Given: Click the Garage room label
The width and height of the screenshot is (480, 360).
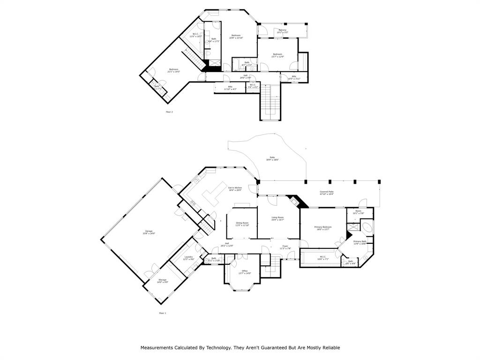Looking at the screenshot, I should click(149, 232).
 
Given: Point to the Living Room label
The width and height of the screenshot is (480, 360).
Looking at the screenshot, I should click(277, 218).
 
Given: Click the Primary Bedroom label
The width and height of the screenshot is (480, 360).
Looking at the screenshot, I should click(323, 228).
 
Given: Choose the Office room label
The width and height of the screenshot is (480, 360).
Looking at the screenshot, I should click(244, 272).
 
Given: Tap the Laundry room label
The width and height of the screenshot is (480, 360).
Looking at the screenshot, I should click(188, 258).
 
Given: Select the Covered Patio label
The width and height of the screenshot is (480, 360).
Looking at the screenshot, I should click(327, 193).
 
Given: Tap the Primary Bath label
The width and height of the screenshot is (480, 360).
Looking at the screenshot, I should click(360, 243).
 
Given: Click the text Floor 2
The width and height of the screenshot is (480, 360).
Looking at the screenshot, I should click(169, 112).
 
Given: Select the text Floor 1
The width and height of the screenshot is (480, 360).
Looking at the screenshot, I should click(163, 313).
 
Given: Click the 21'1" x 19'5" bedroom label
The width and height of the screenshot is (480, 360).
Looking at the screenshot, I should click(173, 71).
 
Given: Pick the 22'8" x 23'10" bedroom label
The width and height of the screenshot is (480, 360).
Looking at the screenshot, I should click(235, 37).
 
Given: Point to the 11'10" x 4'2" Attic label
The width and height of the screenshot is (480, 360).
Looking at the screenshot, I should click(230, 88).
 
